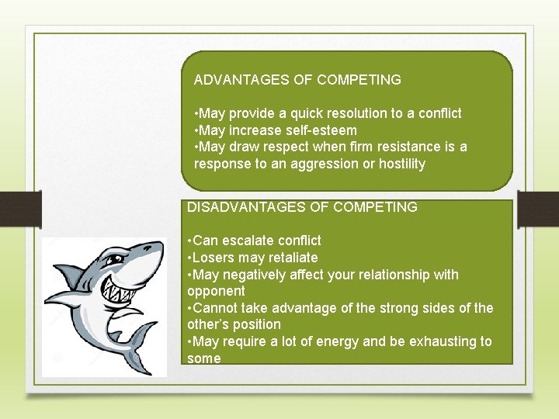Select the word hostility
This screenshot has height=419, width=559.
(x=401, y=164)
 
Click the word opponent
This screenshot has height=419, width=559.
(x=216, y=291)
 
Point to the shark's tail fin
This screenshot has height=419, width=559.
(x=144, y=341)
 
